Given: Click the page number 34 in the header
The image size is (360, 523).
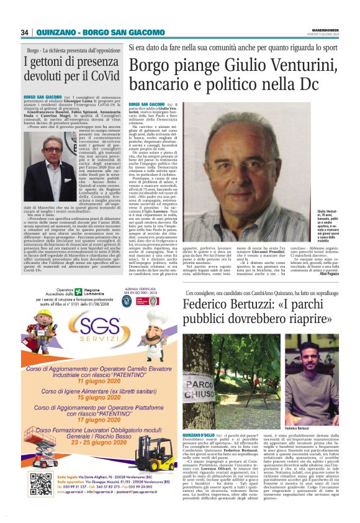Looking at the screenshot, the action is pos(25,32).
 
